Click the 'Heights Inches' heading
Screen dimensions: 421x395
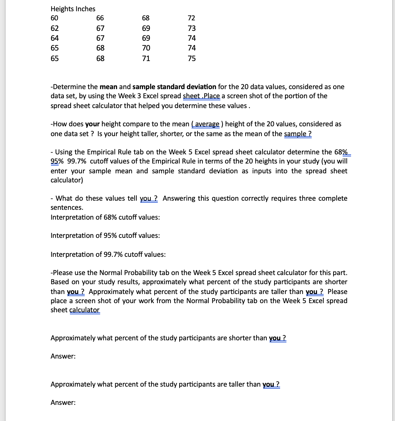pos(73,9)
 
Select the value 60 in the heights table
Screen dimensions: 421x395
pos(54,18)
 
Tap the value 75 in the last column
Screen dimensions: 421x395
pos(192,59)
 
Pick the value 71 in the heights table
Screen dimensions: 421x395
pos(146,59)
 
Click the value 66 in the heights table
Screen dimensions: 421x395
pos(100,18)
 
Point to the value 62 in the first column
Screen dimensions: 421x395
pos(54,28)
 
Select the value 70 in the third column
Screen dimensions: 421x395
pos(146,48)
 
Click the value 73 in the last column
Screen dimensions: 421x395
pos(192,28)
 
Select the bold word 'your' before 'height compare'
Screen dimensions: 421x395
pos(92,124)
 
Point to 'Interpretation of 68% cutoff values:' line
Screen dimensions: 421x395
pos(105,217)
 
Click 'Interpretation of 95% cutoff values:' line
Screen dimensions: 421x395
pos(105,235)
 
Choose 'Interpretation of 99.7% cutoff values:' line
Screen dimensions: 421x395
pos(108,254)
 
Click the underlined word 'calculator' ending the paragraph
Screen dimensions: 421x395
pos(85,310)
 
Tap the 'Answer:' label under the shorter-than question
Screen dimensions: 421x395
pos(63,356)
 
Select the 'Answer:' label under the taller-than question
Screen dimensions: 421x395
pos(63,403)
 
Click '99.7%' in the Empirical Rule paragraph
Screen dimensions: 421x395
pos(77,161)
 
